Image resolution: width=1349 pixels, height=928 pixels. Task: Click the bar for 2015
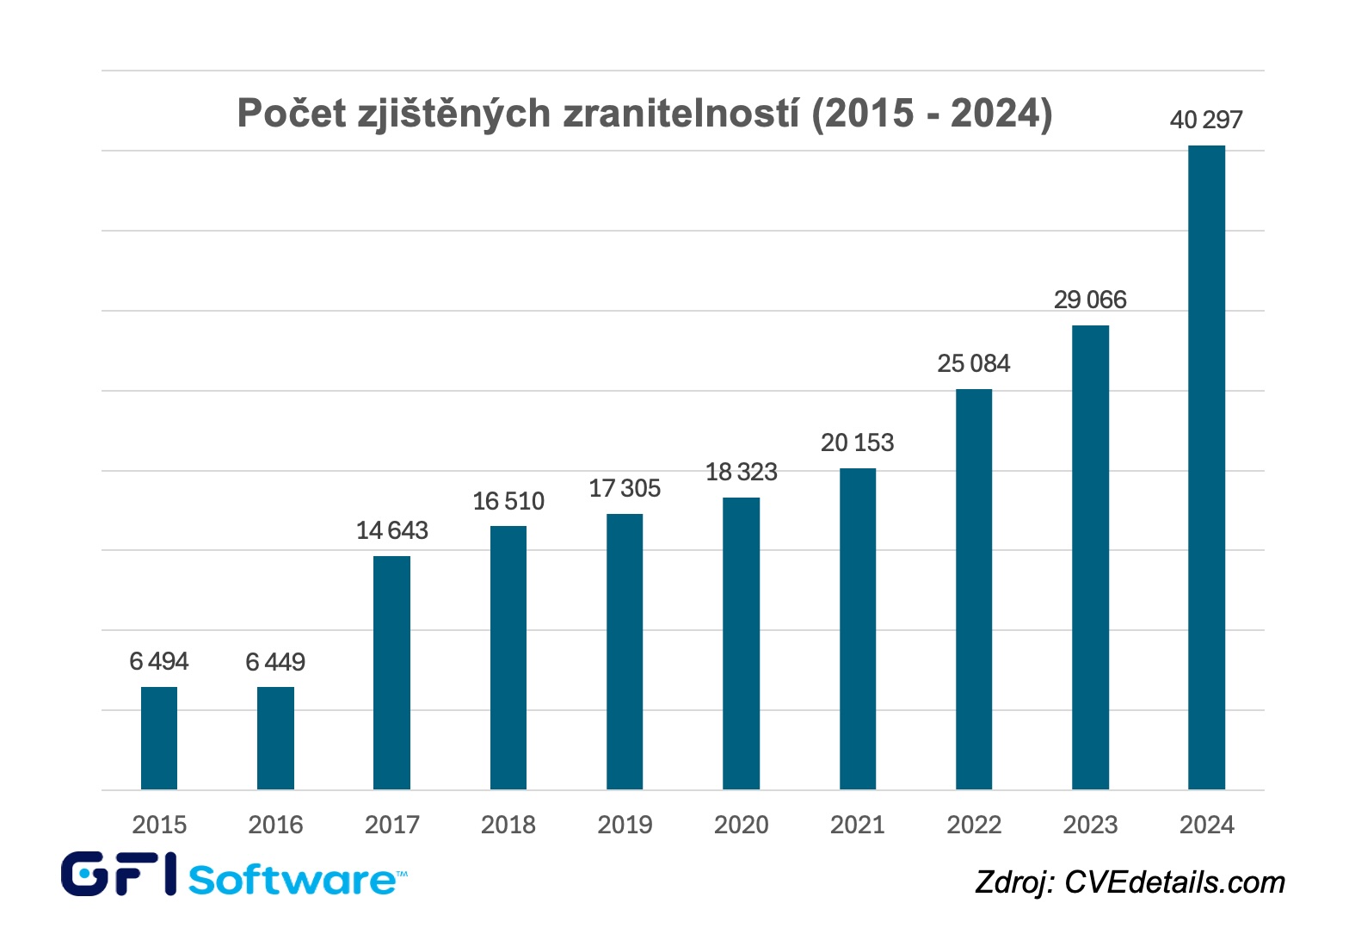coord(159,738)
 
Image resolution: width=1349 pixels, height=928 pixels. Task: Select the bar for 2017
coord(391,672)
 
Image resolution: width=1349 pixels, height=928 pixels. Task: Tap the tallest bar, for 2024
coord(1206,467)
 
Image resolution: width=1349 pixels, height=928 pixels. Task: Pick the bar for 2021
coord(858,628)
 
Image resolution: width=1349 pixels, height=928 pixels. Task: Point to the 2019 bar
coord(625,652)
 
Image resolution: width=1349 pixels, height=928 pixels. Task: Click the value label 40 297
coord(1206,120)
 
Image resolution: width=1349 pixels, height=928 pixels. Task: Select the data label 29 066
coord(1090,300)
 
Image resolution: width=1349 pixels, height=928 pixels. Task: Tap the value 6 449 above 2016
coord(275,662)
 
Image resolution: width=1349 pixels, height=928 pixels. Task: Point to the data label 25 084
coord(974,363)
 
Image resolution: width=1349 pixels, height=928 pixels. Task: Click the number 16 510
coord(508,501)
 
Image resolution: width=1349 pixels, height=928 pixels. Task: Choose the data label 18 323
coord(742,472)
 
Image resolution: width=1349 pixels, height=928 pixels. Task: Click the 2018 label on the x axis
coord(508,825)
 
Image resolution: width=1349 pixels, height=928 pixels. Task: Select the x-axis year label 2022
coord(974,825)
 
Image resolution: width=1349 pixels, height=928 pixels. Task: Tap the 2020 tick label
coord(742,825)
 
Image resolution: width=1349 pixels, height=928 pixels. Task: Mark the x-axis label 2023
coord(1090,825)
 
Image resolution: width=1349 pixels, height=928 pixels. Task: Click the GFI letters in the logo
coord(120,874)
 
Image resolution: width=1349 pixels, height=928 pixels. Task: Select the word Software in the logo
coord(293,880)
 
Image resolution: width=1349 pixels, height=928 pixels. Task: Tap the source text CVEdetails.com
coord(1175,882)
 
